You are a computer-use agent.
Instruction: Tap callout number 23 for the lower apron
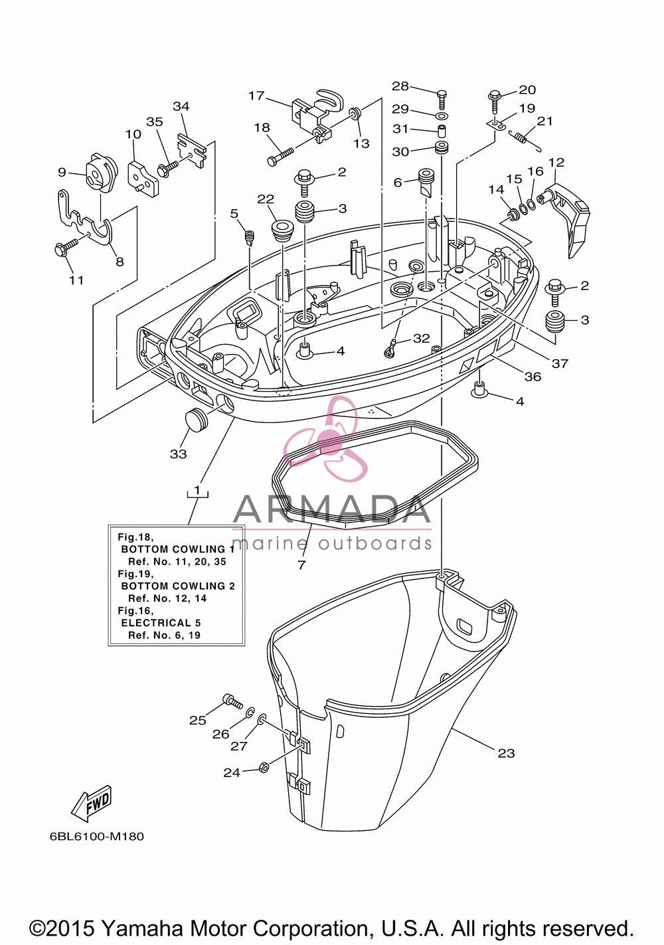tap(506, 753)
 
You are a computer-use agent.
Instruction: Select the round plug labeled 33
tap(196, 419)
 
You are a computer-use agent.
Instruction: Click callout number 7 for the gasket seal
tap(301, 564)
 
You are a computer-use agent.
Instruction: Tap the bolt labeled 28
tap(442, 99)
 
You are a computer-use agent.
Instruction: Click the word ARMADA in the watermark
tap(332, 509)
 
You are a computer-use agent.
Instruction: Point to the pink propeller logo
tap(325, 438)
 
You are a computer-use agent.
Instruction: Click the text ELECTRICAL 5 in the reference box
tap(161, 623)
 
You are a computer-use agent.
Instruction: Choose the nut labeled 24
tap(264, 767)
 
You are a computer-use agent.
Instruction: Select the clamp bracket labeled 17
tap(317, 114)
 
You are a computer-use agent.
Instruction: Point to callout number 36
tap(533, 377)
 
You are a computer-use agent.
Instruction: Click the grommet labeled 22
tap(280, 230)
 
